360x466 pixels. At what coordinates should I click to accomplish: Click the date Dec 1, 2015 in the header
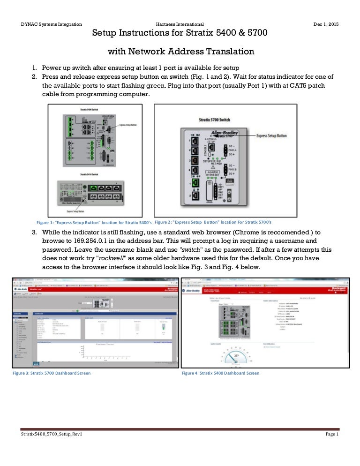[326, 24]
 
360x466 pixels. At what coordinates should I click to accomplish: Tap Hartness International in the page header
[180, 24]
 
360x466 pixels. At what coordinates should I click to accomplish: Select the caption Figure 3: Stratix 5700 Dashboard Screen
[52, 373]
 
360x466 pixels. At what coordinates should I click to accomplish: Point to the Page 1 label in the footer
[331, 436]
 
